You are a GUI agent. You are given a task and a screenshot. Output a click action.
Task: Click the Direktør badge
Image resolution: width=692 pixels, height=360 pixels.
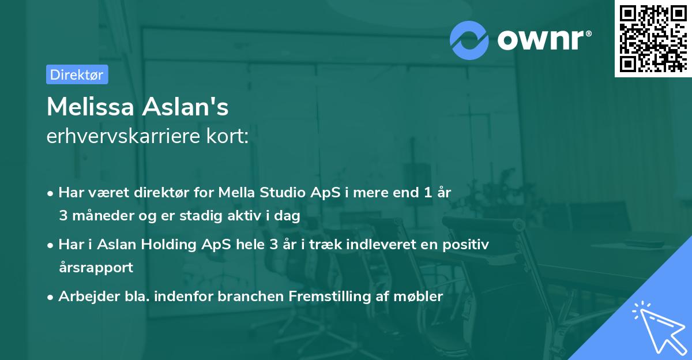(x=77, y=74)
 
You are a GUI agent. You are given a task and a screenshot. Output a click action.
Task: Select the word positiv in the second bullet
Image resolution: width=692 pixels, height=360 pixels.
(x=470, y=244)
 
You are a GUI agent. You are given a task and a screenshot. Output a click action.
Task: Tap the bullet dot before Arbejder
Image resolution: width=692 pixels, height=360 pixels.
(x=51, y=297)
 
